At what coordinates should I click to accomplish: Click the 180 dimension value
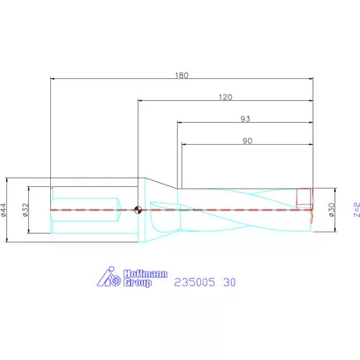click(x=182, y=75)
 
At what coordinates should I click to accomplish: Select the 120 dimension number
click(x=225, y=97)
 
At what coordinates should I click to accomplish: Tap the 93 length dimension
click(x=245, y=119)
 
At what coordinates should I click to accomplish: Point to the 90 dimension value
click(x=247, y=141)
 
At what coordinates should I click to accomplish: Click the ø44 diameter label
click(x=3, y=210)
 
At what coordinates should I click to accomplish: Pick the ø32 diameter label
click(x=25, y=210)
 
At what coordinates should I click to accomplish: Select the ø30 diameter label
click(x=332, y=210)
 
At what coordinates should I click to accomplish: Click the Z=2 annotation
click(x=356, y=210)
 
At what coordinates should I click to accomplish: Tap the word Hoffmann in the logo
click(x=145, y=274)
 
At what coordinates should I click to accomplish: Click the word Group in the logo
click(x=138, y=283)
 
